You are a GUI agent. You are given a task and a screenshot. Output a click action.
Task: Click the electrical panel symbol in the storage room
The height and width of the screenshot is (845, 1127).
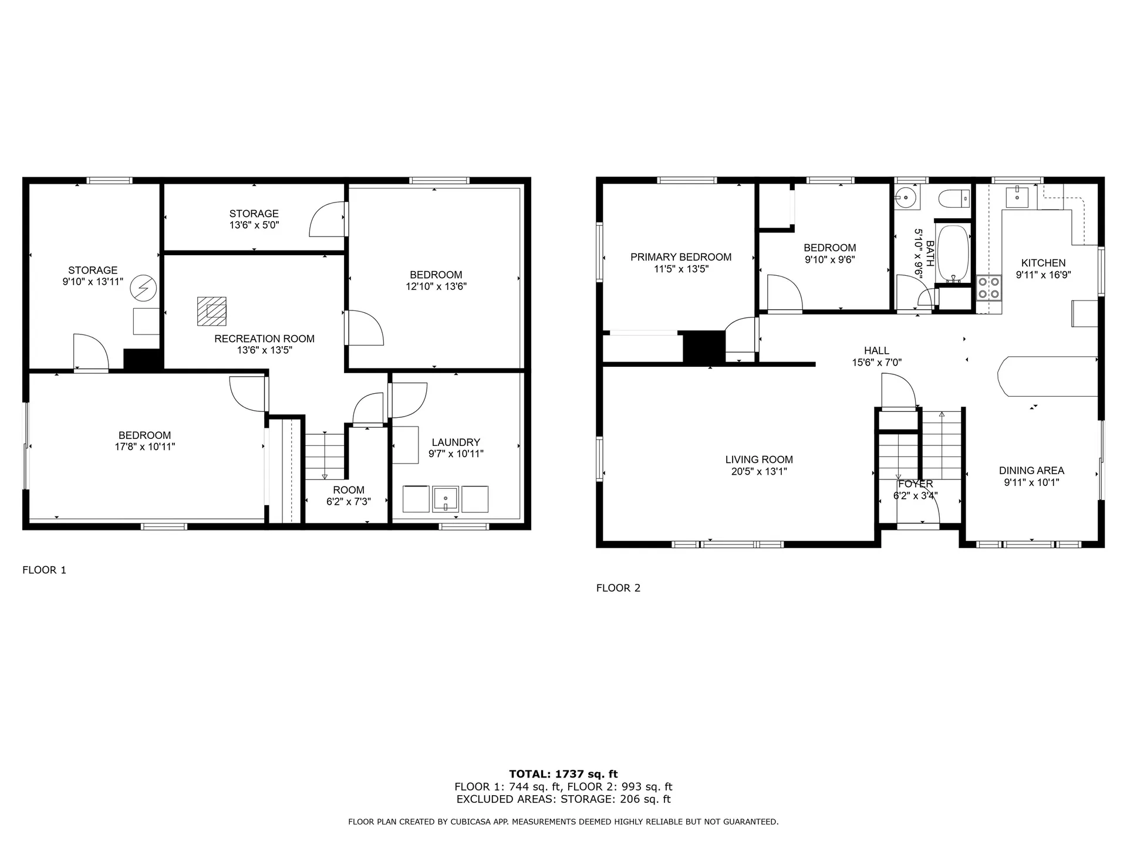pos(143,288)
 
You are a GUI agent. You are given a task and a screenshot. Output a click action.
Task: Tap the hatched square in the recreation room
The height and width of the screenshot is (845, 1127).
pos(212,311)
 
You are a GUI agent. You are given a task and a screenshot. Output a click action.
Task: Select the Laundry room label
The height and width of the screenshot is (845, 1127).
pos(455,442)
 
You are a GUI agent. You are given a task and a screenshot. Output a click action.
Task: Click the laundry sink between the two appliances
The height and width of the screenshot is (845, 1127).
pos(446,499)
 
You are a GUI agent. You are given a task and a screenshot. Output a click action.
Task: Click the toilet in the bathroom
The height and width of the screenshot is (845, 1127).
pos(953,200)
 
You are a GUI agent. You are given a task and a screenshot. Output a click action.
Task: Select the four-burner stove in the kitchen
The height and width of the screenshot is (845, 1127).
pos(988,288)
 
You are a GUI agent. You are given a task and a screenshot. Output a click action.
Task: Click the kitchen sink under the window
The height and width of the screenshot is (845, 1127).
pos(1017,197)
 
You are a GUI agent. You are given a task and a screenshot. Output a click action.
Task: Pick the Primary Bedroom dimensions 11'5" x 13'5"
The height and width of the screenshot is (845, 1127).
pos(681,269)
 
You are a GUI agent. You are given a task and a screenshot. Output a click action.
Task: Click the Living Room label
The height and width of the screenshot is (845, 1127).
pos(759,460)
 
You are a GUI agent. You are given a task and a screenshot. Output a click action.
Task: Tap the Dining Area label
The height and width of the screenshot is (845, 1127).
pos(1031,471)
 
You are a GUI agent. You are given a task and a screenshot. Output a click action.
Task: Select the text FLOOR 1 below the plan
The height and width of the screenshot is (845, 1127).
pos(45,570)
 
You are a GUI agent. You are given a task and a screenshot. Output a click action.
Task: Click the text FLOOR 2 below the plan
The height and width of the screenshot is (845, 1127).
pos(618,588)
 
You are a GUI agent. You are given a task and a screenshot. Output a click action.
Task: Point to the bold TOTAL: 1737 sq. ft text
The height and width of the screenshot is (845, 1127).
pos(563,774)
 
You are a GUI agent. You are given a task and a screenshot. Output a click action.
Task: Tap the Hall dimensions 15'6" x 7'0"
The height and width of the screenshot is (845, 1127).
pos(876,363)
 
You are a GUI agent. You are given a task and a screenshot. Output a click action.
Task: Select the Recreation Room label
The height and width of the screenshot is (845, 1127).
pos(264,339)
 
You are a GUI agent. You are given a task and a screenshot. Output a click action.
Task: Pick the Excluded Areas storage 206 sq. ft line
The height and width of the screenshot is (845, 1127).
pos(563,799)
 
